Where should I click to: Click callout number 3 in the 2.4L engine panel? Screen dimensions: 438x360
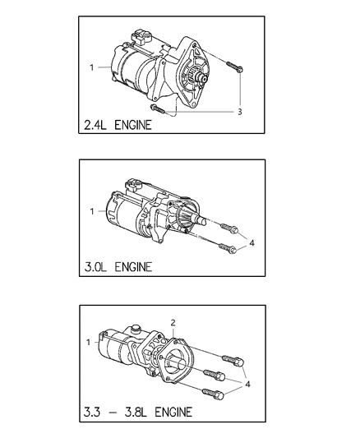239,112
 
